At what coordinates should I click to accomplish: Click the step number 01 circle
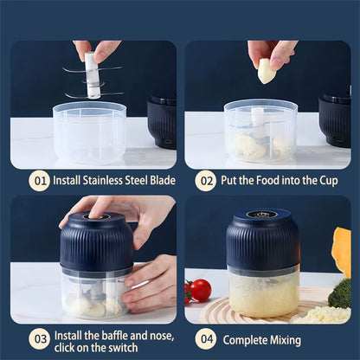39,181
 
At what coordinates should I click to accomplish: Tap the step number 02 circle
205,181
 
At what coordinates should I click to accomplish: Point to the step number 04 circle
205,339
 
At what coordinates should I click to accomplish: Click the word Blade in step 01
160,181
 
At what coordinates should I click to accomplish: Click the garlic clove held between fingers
267,70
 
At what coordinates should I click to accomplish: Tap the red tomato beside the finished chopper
200,291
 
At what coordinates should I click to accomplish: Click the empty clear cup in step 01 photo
89,133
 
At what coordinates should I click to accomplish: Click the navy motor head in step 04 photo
263,239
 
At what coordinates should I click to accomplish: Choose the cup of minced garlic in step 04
263,292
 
